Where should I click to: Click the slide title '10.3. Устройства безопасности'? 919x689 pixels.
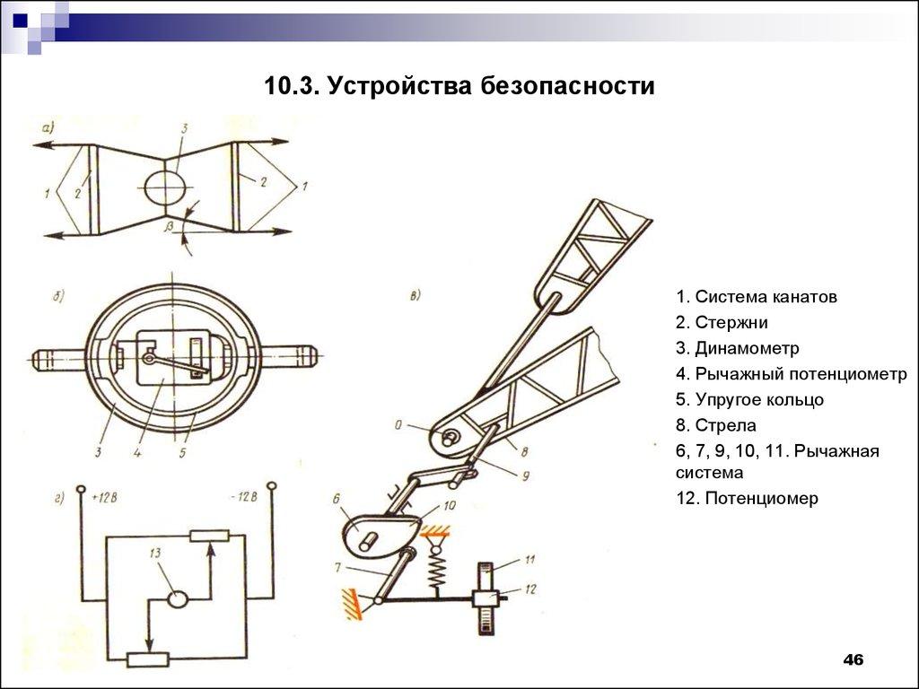tap(459, 87)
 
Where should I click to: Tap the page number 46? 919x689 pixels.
tap(853, 660)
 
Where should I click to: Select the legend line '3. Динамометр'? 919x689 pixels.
tap(738, 348)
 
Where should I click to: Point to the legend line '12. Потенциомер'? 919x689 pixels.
tap(748, 498)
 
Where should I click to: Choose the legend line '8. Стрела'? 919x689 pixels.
tap(717, 424)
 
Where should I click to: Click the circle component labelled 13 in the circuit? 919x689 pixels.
tap(177, 598)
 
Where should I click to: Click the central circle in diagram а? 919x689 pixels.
tap(167, 187)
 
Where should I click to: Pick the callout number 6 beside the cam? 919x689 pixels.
tap(336, 498)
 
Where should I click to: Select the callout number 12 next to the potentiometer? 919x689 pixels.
tap(530, 589)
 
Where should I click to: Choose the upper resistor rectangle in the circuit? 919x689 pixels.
tap(210, 536)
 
